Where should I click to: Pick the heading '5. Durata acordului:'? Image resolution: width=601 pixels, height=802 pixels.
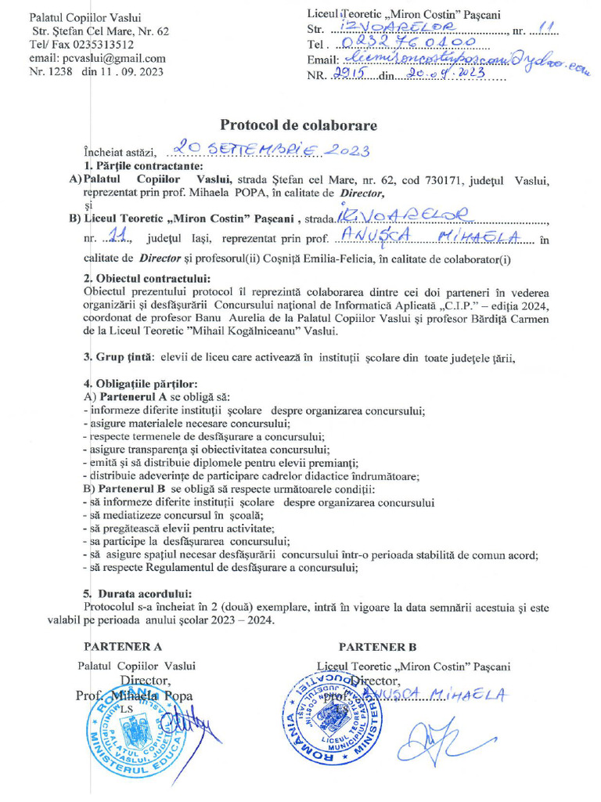(136, 593)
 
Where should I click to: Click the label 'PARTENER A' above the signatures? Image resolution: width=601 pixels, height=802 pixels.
(122, 647)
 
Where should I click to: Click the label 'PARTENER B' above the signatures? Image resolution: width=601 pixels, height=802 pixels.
(377, 647)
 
